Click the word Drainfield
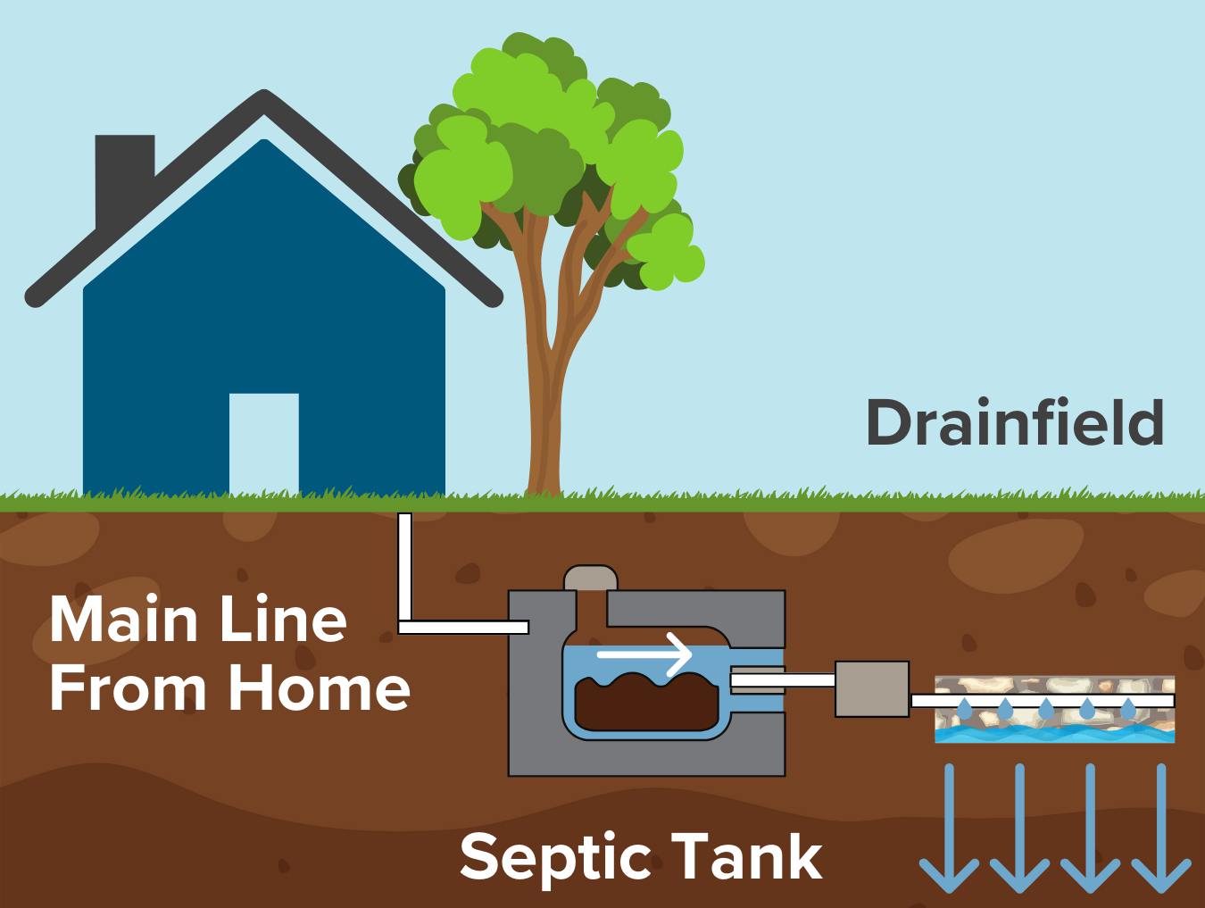pos(1015,422)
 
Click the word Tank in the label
pos(746,856)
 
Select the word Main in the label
pos(123,620)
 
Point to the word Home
pos(319,688)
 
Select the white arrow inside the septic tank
pos(644,654)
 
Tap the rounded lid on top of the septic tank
pos(590,578)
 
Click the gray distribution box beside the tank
pos(871,689)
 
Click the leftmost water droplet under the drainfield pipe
pos(965,711)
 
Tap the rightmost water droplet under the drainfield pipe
pos(1128,711)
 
